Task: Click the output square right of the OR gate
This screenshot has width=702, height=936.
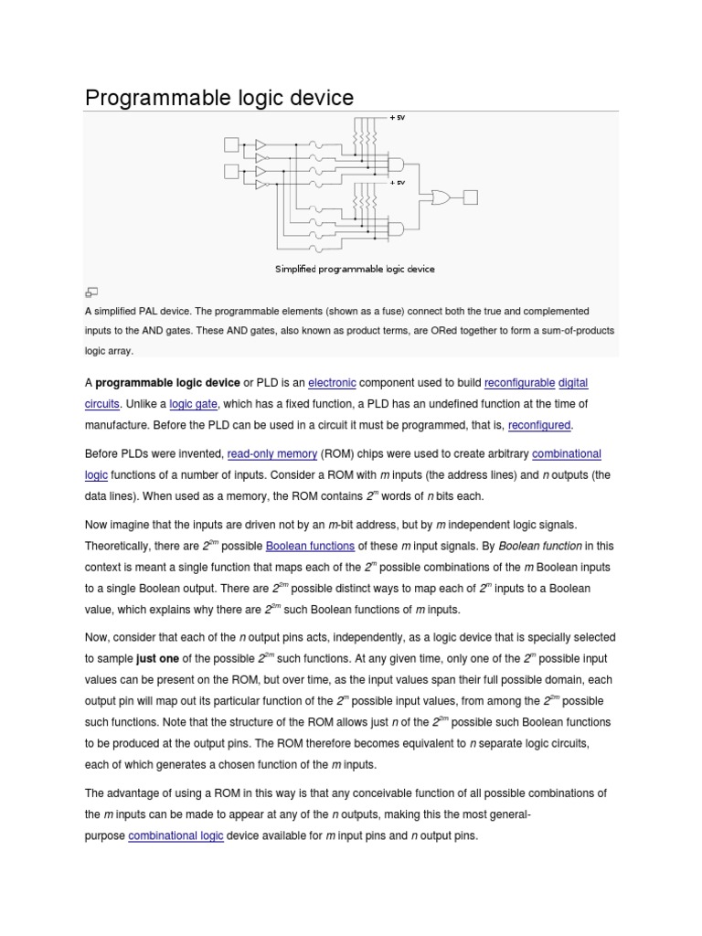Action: (471, 197)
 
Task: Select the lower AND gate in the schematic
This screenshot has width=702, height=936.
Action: (397, 229)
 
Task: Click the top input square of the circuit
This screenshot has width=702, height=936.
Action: (231, 144)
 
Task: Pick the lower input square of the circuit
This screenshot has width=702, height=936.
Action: (231, 171)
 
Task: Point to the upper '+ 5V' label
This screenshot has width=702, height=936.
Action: (398, 118)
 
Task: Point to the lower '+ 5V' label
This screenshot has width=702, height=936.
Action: (398, 182)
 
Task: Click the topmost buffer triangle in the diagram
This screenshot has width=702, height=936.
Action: (261, 144)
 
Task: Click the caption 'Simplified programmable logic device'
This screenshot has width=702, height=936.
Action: (355, 269)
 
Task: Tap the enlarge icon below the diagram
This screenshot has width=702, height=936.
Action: (91, 292)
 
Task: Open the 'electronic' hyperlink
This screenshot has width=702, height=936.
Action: (332, 382)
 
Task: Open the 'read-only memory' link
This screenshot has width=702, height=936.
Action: (272, 453)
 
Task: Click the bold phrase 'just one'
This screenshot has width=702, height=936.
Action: (157, 658)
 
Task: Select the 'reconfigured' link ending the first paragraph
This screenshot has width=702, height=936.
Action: (539, 425)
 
